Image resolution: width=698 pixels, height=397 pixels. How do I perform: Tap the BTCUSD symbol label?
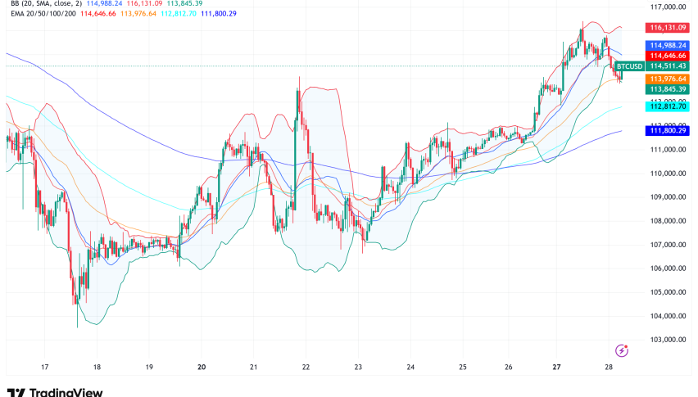tap(628, 65)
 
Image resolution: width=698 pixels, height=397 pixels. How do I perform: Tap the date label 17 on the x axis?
tap(45, 368)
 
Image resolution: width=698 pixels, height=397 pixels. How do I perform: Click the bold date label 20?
tap(202, 368)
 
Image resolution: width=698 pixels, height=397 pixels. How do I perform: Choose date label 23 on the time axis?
tap(358, 368)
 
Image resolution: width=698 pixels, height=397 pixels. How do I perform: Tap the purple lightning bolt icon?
tap(621, 350)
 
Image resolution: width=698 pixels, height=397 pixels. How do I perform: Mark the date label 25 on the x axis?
tap(462, 368)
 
